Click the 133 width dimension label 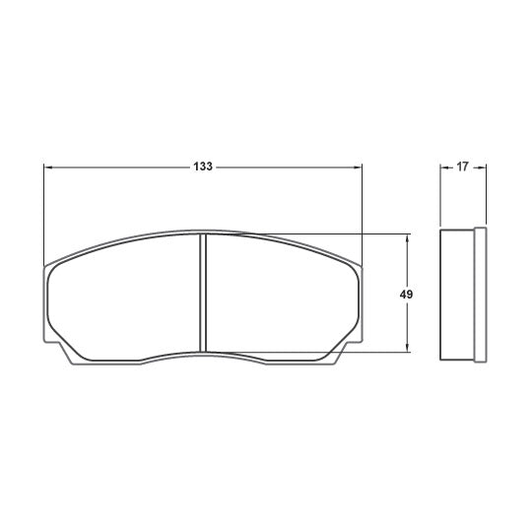[203, 166]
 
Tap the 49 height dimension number [406, 295]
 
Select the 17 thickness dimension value [462, 166]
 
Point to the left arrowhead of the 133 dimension [48, 167]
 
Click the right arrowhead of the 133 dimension [358, 167]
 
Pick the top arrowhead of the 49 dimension [407, 238]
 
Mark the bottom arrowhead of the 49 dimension [407, 348]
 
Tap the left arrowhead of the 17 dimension [444, 167]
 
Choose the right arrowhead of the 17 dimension [482, 167]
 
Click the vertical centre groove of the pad [203, 293]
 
